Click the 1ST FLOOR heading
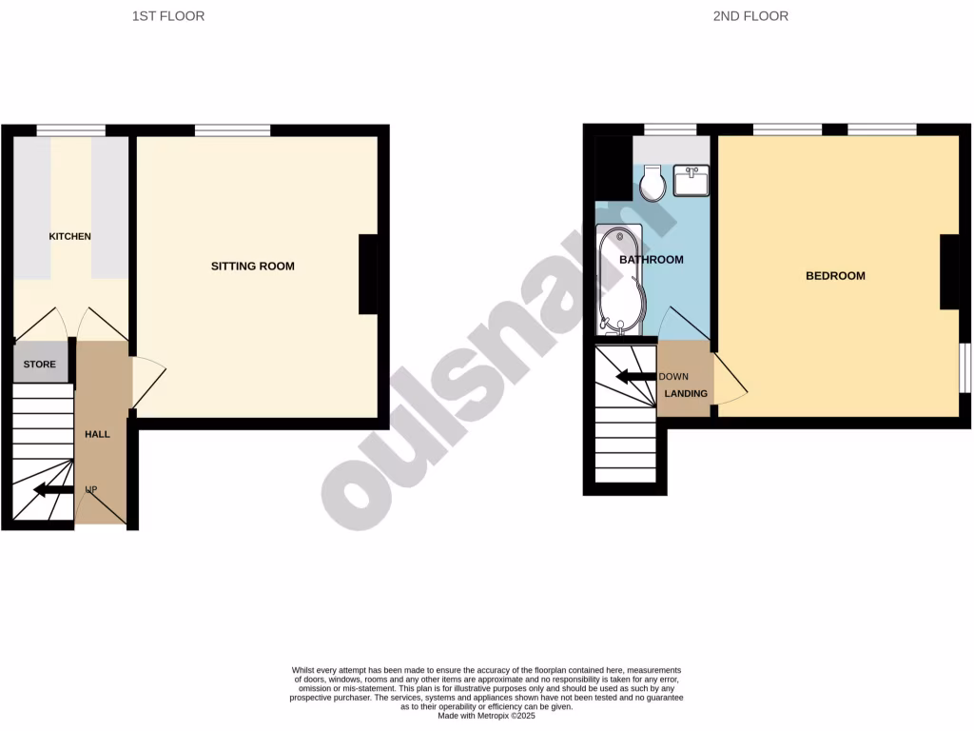click(168, 16)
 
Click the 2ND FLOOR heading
click(750, 16)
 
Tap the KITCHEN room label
click(70, 236)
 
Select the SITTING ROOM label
click(252, 267)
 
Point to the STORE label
click(40, 365)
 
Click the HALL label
click(97, 434)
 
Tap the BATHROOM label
click(652, 260)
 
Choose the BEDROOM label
click(835, 276)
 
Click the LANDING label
click(686, 393)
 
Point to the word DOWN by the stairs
click(673, 377)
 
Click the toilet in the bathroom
click(653, 183)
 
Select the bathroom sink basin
click(691, 180)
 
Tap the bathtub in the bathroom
click(620, 280)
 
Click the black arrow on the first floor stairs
click(53, 490)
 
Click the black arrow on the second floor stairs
click(635, 377)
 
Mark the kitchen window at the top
click(70, 129)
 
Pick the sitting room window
click(232, 129)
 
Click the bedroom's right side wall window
click(964, 367)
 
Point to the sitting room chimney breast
click(368, 274)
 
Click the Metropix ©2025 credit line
click(486, 715)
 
